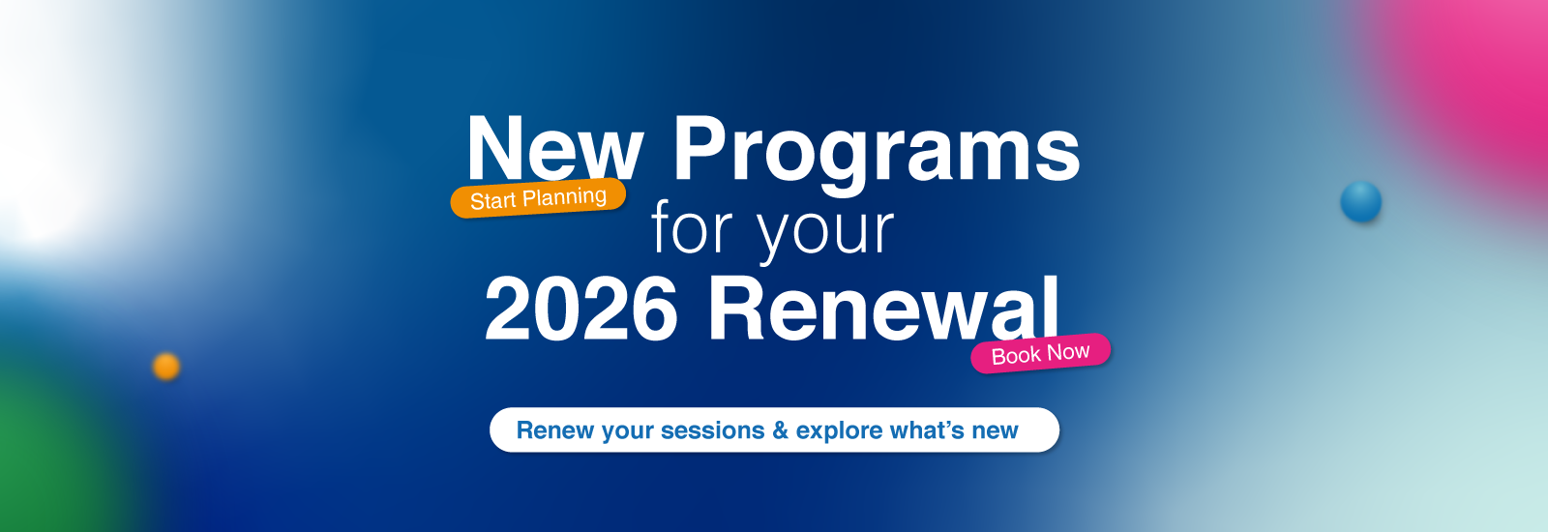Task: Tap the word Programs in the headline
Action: coord(877,155)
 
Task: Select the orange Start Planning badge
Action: coord(538,198)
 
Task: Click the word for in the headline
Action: coord(692,226)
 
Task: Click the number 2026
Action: coord(581,309)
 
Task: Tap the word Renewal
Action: coord(883,308)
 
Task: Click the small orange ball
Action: coord(165,367)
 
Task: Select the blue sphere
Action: coord(1360,202)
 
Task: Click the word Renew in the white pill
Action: coord(555,429)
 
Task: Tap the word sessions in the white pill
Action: coord(712,430)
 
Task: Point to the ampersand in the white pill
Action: coord(780,430)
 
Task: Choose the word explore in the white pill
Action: coord(839,431)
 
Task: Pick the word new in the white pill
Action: coord(996,432)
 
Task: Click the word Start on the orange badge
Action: coord(492,201)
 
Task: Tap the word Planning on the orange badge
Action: coord(564,197)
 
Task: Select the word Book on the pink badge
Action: coord(1016,356)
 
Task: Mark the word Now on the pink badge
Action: coord(1068,352)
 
